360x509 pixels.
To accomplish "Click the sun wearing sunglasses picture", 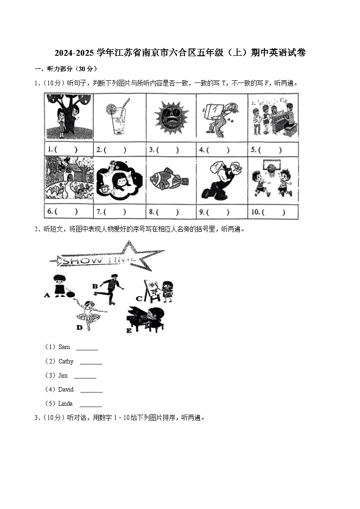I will click(171, 117).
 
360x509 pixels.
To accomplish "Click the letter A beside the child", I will click(47, 295).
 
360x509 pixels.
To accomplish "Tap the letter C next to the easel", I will click(139, 299).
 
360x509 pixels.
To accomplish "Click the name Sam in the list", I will click(64, 347).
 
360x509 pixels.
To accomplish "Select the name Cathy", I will click(66, 362).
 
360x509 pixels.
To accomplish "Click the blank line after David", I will click(91, 390).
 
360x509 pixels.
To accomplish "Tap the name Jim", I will click(63, 376).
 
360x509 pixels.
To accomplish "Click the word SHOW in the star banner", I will click(78, 261).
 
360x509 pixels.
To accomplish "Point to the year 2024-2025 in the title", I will click(73, 53).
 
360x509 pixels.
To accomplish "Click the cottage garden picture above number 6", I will click(69, 178).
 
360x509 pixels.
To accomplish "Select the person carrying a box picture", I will click(221, 117).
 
